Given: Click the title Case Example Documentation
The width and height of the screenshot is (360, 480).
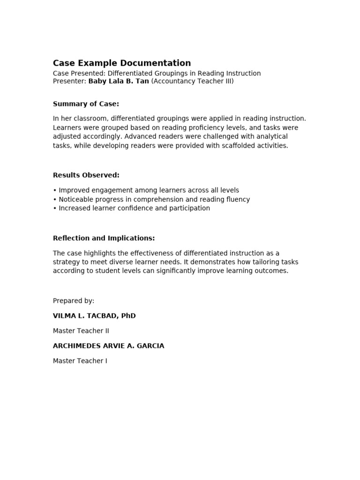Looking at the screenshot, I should coord(122,63).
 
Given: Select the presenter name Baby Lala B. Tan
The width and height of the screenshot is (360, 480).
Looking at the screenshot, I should coord(119,81).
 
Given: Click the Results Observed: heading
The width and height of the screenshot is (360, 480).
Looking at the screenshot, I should coord(86,175).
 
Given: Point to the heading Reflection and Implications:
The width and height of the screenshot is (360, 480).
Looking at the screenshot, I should coord(104,238).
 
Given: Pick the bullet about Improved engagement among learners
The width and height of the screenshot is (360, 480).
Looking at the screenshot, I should coord(146,190).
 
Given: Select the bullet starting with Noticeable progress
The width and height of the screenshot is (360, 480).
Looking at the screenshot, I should coord(151,199).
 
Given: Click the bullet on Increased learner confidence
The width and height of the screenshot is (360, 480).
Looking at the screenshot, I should coord(131,208).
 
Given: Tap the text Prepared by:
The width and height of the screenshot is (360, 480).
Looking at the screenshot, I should coord(74,300).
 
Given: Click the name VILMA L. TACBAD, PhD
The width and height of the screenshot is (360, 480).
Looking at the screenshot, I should coord(94,315).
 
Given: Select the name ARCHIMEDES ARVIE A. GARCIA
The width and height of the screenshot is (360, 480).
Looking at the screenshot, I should coord(108,345).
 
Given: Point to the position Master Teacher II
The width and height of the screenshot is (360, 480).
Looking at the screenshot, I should coord(81,330).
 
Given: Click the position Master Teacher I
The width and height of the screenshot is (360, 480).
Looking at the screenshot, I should coord(80,360).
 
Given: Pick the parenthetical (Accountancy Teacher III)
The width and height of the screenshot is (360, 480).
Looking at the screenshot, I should coord(192,81).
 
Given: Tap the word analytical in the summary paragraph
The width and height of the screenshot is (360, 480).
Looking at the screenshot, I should coord(271,136).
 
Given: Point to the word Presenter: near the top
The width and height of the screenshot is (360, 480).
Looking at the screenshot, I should coord(70,81).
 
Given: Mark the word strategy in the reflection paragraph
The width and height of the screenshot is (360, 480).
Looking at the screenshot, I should coord(66,262).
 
